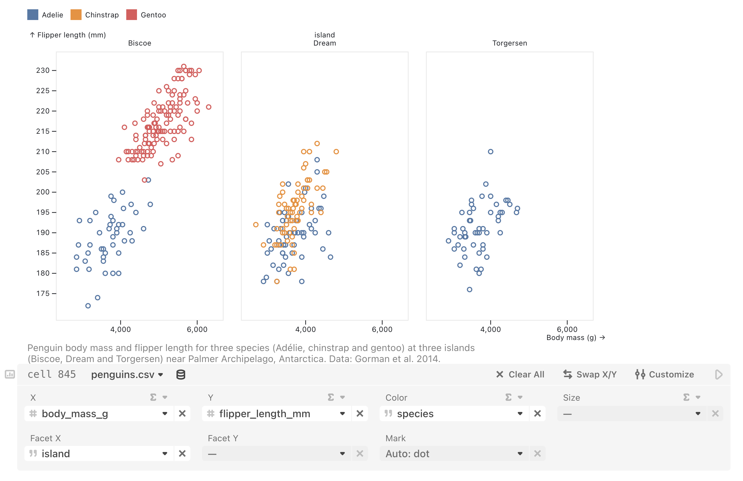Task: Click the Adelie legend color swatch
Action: pyautogui.click(x=33, y=15)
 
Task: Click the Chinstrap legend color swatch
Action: pyautogui.click(x=76, y=15)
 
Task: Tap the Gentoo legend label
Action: pyautogui.click(x=153, y=15)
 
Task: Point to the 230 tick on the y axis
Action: pyautogui.click(x=43, y=70)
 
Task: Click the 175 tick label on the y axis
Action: pyautogui.click(x=43, y=293)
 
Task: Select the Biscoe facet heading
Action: pyautogui.click(x=140, y=43)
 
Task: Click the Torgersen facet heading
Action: pyautogui.click(x=509, y=43)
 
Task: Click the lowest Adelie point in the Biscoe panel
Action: pyautogui.click(x=88, y=305)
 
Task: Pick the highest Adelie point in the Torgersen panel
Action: pyautogui.click(x=490, y=152)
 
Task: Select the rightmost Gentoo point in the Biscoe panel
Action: pyautogui.click(x=209, y=107)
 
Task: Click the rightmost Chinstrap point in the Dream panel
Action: pyautogui.click(x=336, y=152)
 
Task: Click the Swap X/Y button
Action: pyautogui.click(x=590, y=374)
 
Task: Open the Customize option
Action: pyautogui.click(x=664, y=374)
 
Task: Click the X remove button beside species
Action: pyautogui.click(x=537, y=414)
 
